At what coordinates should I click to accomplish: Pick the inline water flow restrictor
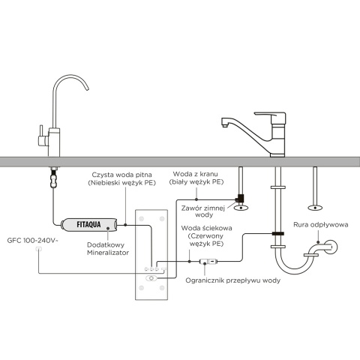click(x=207, y=261)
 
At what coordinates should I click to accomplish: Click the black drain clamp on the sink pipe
click(x=277, y=234)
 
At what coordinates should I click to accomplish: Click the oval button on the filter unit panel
click(x=153, y=278)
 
